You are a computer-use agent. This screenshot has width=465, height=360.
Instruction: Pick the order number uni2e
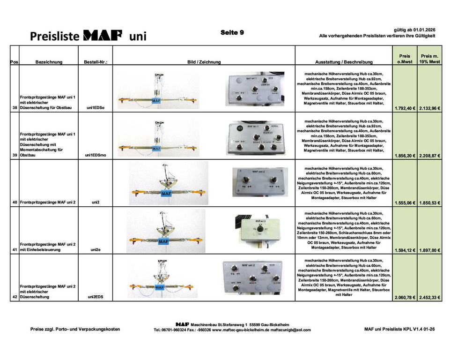(x=96, y=250)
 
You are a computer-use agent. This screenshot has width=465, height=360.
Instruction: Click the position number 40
(x=15, y=202)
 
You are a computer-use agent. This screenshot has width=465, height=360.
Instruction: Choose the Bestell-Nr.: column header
(x=96, y=62)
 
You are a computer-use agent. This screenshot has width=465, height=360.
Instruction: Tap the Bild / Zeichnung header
(x=204, y=62)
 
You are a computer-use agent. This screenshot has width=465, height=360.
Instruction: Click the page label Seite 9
(x=232, y=32)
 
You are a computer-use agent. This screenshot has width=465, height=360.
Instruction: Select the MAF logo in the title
(x=103, y=35)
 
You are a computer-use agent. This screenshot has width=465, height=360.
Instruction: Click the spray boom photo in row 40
(x=169, y=183)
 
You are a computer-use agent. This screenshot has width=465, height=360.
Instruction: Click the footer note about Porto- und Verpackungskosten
(x=75, y=329)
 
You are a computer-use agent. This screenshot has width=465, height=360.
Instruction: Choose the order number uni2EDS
(x=96, y=297)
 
